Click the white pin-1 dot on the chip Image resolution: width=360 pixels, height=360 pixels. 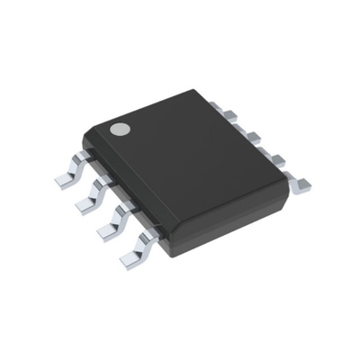click(118, 130)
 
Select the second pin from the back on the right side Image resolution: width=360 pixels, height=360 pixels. click(253, 136)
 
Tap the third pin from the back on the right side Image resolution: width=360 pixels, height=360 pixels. click(275, 159)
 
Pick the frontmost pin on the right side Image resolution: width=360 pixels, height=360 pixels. click(301, 184)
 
